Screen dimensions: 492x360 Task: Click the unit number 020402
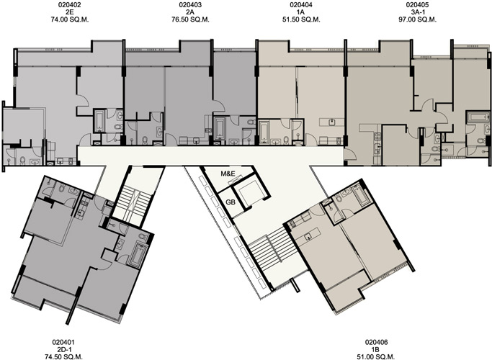[x=70, y=5]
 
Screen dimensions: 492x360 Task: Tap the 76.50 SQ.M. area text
[x=190, y=19]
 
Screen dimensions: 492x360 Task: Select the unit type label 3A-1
[x=417, y=12]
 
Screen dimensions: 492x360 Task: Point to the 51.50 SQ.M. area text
[x=301, y=19]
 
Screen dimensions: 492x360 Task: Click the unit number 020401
[x=63, y=342]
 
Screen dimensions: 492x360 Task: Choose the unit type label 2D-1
[x=63, y=349]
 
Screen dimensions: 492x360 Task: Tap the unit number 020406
[x=376, y=342]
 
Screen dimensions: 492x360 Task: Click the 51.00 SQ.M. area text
[x=376, y=356]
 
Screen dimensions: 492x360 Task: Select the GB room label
[x=231, y=202]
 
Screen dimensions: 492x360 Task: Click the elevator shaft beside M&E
[x=250, y=192]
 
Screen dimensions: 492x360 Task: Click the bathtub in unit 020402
[x=100, y=121]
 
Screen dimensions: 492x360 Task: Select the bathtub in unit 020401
[x=137, y=255]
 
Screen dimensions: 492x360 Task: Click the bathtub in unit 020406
[x=359, y=195]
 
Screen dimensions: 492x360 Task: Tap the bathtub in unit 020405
[x=478, y=117]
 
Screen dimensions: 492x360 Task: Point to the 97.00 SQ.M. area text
[x=417, y=19]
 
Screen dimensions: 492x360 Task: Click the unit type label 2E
[x=70, y=12]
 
